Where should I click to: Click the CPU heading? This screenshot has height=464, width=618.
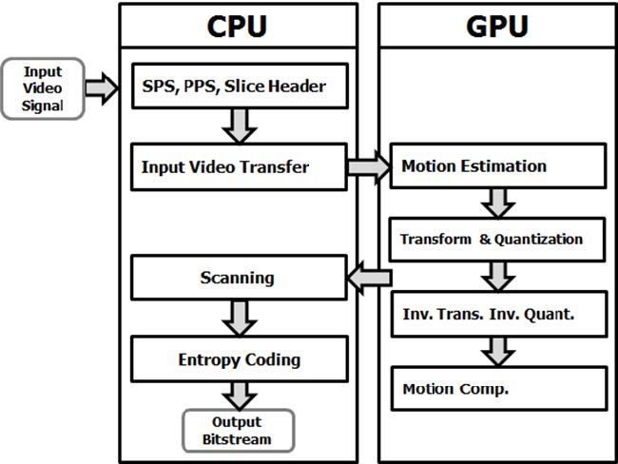pyautogui.click(x=238, y=26)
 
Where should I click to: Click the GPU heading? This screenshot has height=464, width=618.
pyautogui.click(x=496, y=26)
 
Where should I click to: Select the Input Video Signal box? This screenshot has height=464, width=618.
pyautogui.click(x=43, y=88)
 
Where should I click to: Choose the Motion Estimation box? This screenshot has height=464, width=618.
pyautogui.click(x=497, y=166)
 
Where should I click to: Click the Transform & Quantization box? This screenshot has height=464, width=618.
pyautogui.click(x=497, y=239)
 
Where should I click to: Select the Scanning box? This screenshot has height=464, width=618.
pyautogui.click(x=238, y=279)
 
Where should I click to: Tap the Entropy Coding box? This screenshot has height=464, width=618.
pyautogui.click(x=238, y=359)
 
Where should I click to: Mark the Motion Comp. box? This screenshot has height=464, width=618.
pyautogui.click(x=497, y=388)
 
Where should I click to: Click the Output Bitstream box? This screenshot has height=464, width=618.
pyautogui.click(x=237, y=430)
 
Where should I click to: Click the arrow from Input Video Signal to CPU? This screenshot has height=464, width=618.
pyautogui.click(x=102, y=88)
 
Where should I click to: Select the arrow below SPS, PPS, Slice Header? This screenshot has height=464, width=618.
pyautogui.click(x=239, y=124)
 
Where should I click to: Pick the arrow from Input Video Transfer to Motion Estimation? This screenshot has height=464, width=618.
pyautogui.click(x=368, y=167)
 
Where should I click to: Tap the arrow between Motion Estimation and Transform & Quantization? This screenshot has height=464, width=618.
pyautogui.click(x=497, y=203)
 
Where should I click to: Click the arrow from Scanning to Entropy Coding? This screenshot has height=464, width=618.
pyautogui.click(x=239, y=317)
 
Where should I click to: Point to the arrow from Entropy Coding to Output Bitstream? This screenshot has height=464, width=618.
pyautogui.click(x=239, y=395)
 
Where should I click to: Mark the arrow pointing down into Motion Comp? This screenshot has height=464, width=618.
pyautogui.click(x=497, y=350)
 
